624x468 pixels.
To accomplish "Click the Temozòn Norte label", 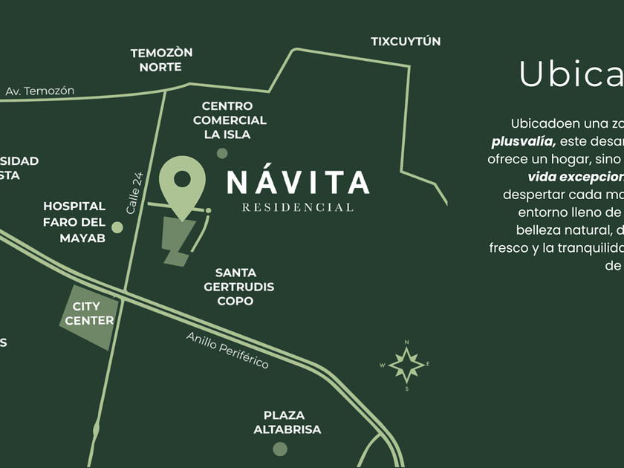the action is coord(161,59).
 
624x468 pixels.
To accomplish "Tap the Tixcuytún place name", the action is coord(406,42).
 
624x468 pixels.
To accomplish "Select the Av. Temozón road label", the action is coord(40,91).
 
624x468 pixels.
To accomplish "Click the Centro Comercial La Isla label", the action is coord(230,120).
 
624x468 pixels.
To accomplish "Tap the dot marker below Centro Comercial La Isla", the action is coord(222,153).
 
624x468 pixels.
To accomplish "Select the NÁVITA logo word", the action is coord(298,183).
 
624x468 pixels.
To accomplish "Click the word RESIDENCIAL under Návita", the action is coord(298,207).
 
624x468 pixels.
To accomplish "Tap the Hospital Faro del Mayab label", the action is coord(74,222).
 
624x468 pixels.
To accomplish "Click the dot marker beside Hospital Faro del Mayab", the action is coord(117,227).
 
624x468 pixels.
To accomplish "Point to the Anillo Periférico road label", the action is coord(227,351).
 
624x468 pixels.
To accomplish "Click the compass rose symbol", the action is coord(406,365).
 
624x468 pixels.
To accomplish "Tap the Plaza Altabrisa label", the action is coord(287,422).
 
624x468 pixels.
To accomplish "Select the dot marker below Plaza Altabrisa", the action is coord(280,449).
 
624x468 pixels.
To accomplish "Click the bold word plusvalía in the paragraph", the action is coord(523,141).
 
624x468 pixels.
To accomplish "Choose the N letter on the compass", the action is coord(406,342).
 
